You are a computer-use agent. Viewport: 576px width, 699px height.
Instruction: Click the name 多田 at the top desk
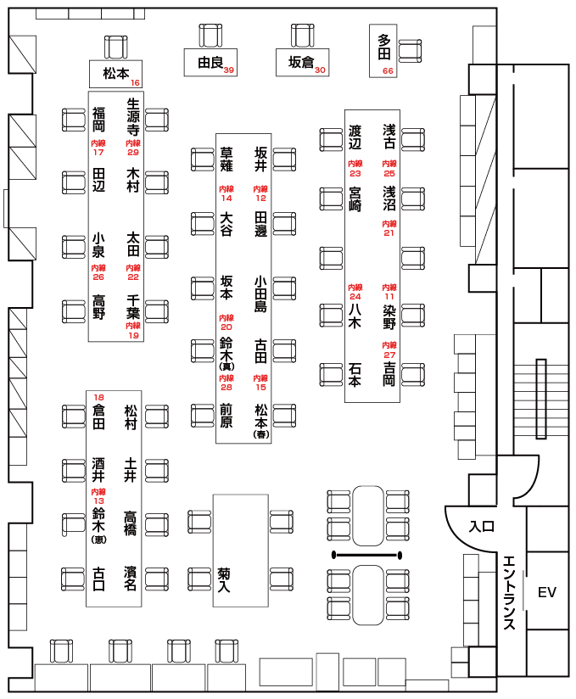[385, 48]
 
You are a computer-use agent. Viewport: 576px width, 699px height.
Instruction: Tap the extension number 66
[388, 70]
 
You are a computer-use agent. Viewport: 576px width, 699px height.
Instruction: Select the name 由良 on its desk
[210, 62]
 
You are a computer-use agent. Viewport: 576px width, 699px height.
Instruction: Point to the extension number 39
[229, 70]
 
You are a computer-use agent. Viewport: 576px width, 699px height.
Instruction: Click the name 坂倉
[301, 62]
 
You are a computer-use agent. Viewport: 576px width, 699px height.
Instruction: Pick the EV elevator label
[547, 592]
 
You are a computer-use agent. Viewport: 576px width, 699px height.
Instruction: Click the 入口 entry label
[481, 527]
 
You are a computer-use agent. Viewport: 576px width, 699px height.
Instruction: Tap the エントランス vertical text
[510, 593]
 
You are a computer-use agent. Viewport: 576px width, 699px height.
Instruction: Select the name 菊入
[225, 579]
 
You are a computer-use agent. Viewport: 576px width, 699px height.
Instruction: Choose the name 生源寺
[132, 117]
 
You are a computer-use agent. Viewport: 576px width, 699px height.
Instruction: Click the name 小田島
[260, 294]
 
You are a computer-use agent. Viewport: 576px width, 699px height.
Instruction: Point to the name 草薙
[226, 159]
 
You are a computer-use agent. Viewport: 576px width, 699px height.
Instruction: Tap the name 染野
[389, 316]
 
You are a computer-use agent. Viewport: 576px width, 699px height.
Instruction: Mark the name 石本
[355, 373]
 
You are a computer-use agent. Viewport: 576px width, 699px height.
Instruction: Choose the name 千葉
[132, 305]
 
